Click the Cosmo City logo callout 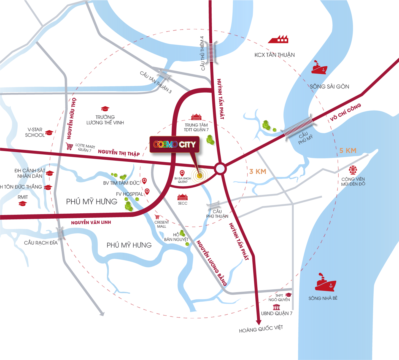174,144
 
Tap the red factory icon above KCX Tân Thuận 278,39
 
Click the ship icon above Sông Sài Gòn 319,68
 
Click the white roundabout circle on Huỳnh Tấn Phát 220,169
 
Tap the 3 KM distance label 258,171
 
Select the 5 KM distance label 348,151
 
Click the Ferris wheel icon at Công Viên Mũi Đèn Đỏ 352,170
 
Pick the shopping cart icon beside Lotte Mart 69,146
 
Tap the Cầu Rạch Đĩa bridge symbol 60,233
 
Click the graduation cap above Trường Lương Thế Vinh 105,109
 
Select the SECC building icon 182,197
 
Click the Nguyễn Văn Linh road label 91,222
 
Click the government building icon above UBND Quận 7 276,307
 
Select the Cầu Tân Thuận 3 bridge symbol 164,76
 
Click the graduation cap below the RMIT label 23,204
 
